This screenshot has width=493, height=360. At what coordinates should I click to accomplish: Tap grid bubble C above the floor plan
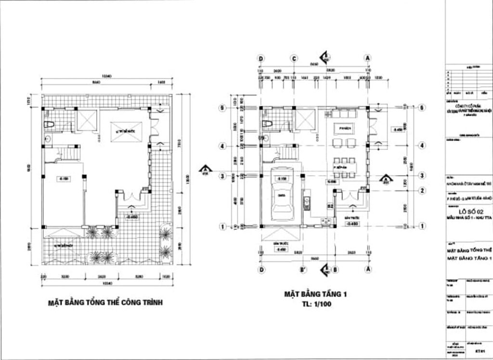coord(294,58)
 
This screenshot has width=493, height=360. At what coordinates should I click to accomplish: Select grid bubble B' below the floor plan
coord(303,269)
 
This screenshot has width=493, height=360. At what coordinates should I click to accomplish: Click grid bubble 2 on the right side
coord(422,191)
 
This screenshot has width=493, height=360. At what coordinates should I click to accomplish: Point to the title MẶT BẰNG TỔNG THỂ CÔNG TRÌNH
coord(105,303)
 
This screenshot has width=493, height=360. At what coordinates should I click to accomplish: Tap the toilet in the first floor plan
coord(267,124)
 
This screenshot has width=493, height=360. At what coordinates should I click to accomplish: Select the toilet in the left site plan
coord(48,125)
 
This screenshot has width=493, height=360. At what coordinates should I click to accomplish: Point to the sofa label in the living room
coord(343,129)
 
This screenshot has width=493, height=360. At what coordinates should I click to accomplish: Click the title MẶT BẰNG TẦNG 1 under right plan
coord(315,293)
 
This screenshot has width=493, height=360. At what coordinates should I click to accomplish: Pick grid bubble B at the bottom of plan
coord(336,269)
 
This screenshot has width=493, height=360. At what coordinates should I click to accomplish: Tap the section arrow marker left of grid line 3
coord(206,170)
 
